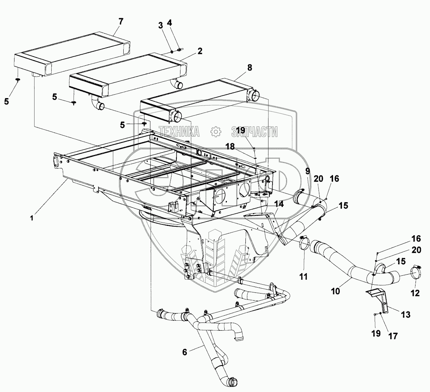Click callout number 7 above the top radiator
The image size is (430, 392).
click(x=120, y=21)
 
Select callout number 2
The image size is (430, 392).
click(x=200, y=51)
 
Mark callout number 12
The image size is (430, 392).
click(x=415, y=294)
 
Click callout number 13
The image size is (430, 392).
click(x=405, y=315)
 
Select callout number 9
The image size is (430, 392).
click(x=307, y=172)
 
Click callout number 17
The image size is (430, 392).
click(x=392, y=336)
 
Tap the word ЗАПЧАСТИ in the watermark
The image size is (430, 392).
click(x=254, y=131)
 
